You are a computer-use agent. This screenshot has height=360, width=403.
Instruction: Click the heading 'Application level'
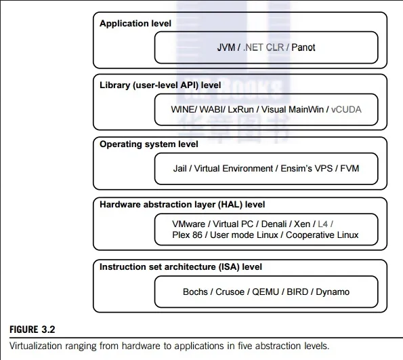coord(135,24)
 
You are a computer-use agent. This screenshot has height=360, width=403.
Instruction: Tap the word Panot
coord(302,47)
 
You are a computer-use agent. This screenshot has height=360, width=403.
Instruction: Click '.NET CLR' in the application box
coord(261,47)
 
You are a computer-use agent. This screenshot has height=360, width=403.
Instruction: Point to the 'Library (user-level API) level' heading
coord(161,85)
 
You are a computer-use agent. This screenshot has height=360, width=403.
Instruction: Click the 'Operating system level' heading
coord(149,144)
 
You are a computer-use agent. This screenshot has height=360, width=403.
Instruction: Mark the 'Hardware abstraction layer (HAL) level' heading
coord(182,204)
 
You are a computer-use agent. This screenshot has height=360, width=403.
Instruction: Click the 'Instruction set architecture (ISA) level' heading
coord(181,267)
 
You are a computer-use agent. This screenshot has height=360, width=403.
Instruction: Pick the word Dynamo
coord(332,292)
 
